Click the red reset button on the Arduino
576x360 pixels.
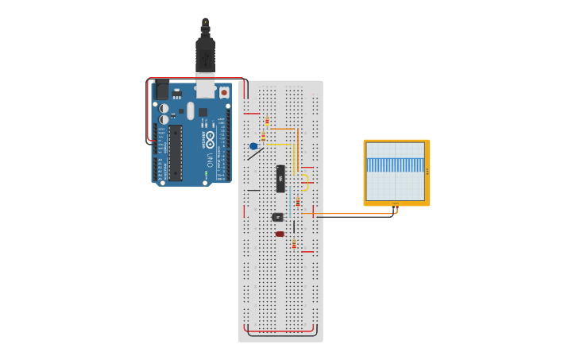[224, 92]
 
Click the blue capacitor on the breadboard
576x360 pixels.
[253, 146]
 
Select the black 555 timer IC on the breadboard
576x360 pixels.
[280, 179]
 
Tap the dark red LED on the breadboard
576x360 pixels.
[280, 234]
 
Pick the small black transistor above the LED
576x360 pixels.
[277, 216]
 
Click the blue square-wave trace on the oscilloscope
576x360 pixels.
[396, 165]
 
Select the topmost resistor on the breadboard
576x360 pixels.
[266, 122]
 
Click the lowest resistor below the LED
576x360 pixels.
[294, 244]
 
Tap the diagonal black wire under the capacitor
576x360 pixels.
[254, 153]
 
